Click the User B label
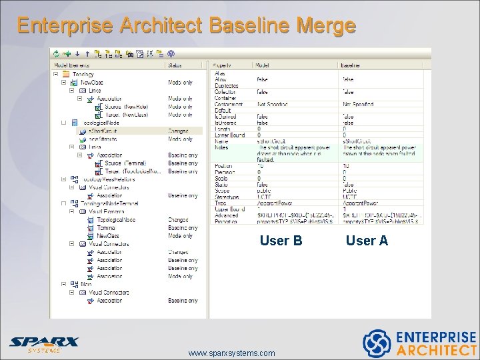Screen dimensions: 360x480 281,241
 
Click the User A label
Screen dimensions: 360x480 367,241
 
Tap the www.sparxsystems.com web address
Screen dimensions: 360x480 231,353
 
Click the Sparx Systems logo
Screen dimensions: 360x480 43,344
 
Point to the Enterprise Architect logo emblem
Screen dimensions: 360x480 376,343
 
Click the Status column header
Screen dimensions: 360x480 176,65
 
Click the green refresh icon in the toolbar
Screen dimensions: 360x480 57,53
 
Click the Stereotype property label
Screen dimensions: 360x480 227,198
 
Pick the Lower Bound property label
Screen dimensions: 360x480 229,135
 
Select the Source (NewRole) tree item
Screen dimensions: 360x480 127,107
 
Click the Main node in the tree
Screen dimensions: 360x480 86,284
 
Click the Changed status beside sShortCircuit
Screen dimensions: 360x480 179,131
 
